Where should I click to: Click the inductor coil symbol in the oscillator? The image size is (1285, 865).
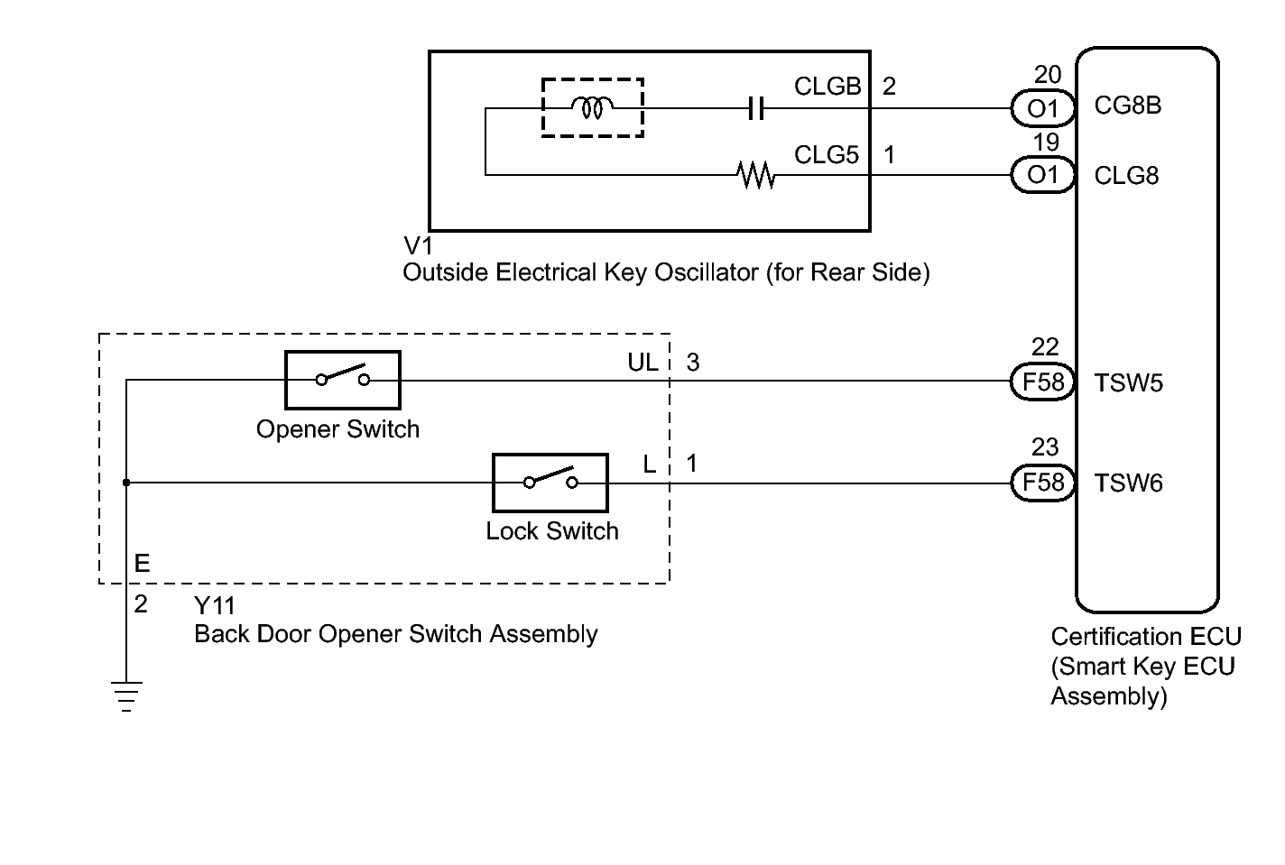(592, 108)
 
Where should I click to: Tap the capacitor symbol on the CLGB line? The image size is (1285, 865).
(756, 109)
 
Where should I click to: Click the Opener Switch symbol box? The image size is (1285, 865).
(342, 380)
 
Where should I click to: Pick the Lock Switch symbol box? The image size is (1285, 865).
(550, 483)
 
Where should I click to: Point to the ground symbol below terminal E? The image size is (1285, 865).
(126, 696)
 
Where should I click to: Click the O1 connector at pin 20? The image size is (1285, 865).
(1042, 108)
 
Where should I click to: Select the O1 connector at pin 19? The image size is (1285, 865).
(1042, 174)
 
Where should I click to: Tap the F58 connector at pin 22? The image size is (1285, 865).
(1042, 382)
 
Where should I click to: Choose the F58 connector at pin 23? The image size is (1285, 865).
(1042, 483)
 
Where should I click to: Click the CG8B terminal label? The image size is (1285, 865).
(1127, 106)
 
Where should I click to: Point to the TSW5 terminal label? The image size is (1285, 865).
(1128, 383)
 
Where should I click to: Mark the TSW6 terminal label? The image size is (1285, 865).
(1128, 484)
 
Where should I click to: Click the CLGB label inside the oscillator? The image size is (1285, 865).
(827, 87)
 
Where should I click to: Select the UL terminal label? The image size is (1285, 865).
(643, 363)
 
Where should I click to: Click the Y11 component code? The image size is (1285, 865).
(214, 605)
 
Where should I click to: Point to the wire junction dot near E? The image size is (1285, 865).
(126, 483)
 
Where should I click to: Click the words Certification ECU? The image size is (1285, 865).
(1145, 637)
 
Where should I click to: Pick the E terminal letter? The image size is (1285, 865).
(142, 564)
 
